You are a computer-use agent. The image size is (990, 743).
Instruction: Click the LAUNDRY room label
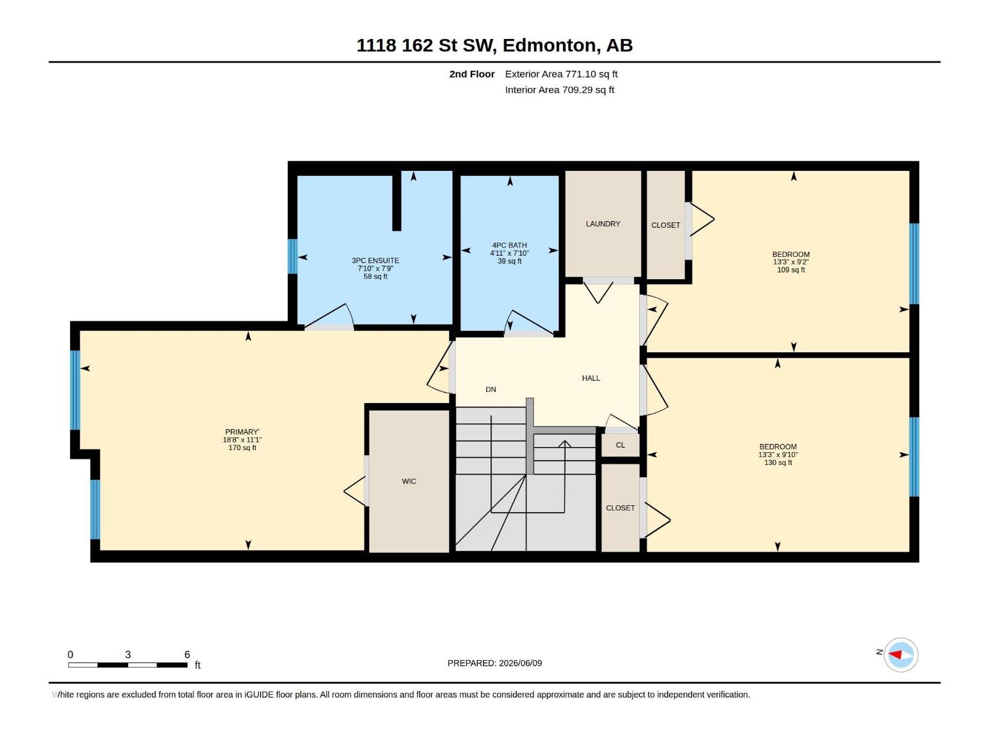click(x=603, y=224)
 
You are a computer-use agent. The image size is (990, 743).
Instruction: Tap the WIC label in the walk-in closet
click(x=409, y=481)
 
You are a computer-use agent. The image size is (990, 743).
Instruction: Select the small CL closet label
click(x=620, y=445)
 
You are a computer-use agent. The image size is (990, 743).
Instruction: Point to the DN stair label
click(x=491, y=389)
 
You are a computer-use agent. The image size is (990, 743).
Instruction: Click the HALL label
click(x=591, y=378)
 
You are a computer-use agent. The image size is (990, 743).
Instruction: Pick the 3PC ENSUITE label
click(x=375, y=260)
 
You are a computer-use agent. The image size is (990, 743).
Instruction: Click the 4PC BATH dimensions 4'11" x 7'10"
click(x=510, y=253)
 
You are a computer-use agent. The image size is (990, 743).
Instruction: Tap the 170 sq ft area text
click(x=242, y=448)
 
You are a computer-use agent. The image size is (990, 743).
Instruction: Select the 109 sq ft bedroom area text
click(x=791, y=270)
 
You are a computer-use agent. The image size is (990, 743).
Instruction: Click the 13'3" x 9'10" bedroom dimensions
click(x=778, y=454)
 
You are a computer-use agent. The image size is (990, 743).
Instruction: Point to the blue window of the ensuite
click(x=292, y=256)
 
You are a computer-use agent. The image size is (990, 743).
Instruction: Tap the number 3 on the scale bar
click(x=127, y=654)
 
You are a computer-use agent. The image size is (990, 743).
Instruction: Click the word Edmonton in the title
click(x=551, y=45)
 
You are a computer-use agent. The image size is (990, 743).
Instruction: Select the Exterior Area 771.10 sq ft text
click(x=561, y=74)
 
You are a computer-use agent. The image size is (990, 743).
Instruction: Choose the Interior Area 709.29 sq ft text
click(x=559, y=90)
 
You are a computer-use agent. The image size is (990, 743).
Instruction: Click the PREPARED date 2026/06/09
click(x=520, y=663)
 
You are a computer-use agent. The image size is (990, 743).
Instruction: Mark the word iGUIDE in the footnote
click(x=259, y=694)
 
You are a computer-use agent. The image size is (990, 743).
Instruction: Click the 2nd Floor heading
click(x=471, y=74)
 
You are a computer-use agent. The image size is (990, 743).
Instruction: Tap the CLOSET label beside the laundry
click(x=665, y=225)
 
